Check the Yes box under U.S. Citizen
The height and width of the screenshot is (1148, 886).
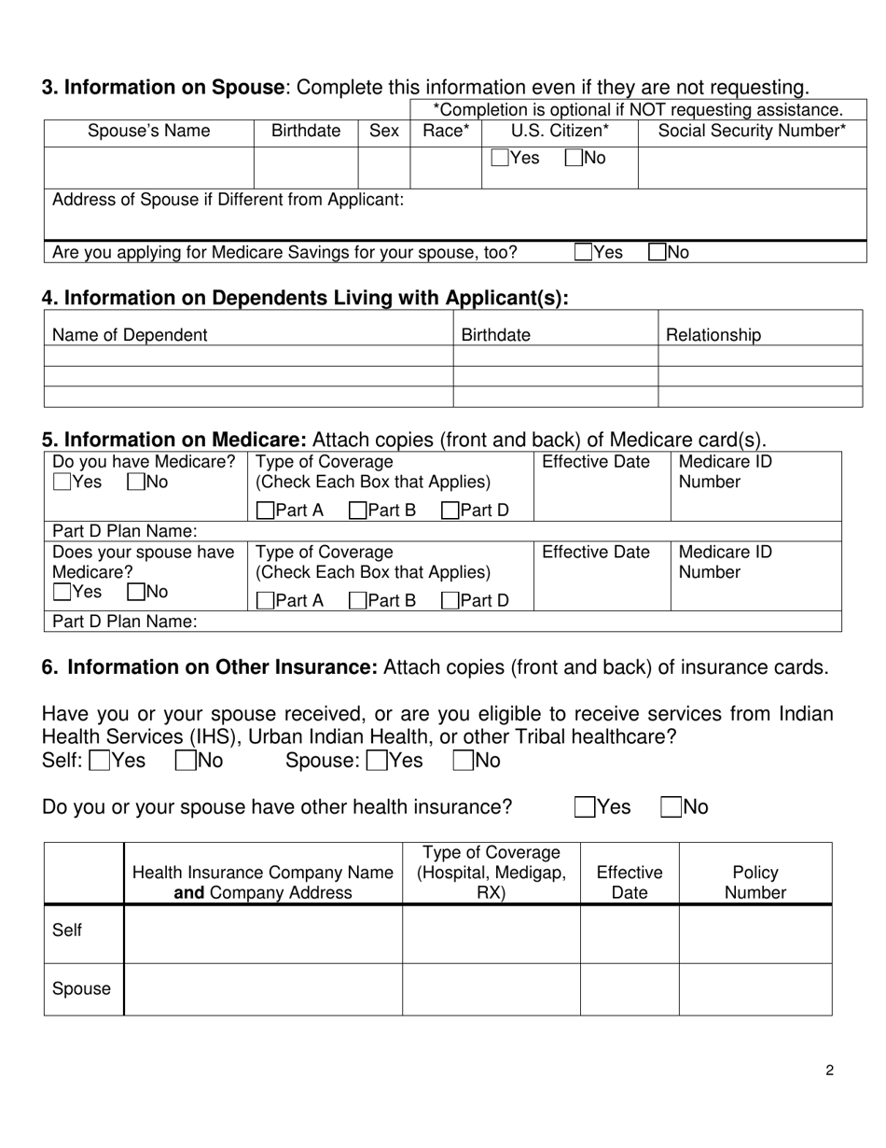tap(501, 159)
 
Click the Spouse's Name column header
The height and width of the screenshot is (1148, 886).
tap(148, 132)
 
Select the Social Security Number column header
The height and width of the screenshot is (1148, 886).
tap(752, 132)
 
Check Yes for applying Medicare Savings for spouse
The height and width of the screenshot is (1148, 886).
tap(584, 252)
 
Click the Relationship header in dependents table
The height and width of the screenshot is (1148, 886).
tap(712, 335)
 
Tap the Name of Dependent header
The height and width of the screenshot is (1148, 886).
tap(130, 335)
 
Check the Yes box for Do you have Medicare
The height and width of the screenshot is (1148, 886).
tap(62, 483)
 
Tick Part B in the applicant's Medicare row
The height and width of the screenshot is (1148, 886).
tap(357, 511)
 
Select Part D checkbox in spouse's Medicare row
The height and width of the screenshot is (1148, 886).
tap(450, 601)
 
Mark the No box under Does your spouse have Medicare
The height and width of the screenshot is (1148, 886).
tap(136, 592)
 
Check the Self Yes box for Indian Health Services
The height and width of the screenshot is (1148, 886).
tap(99, 762)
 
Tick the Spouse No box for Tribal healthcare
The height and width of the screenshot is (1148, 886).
tap(463, 762)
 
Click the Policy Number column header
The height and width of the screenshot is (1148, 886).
tap(754, 882)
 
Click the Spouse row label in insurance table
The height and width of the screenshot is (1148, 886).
tap(81, 989)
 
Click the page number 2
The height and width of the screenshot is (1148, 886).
tap(829, 1071)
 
